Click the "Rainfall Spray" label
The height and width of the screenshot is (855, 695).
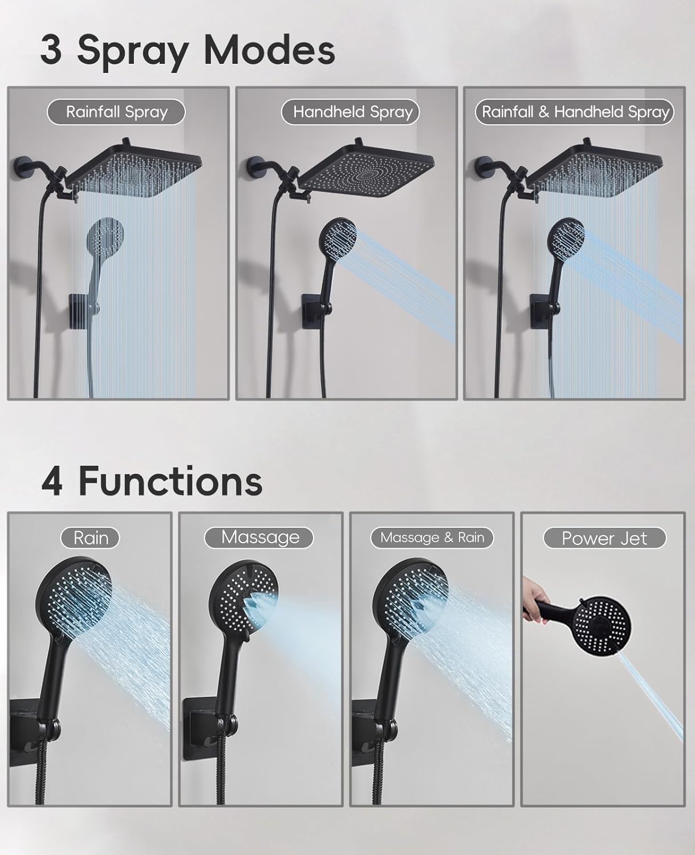click(x=116, y=112)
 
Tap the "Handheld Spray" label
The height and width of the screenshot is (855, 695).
click(x=352, y=112)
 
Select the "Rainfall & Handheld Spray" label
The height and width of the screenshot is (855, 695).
click(x=575, y=112)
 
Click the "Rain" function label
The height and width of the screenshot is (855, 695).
click(x=91, y=538)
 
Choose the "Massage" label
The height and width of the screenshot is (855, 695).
click(x=259, y=538)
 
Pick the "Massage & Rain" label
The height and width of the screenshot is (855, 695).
click(x=432, y=538)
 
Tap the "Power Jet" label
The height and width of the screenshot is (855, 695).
click(x=604, y=538)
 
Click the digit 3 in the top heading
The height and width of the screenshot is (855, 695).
click(x=51, y=51)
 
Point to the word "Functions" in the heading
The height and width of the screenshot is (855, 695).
click(x=170, y=482)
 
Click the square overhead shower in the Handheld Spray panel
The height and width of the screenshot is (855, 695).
click(x=365, y=171)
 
